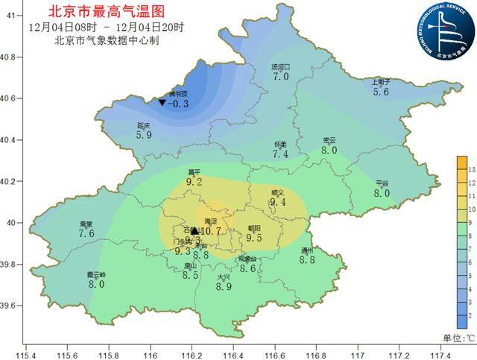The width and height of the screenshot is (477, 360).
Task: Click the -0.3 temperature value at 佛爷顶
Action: [x=180, y=104]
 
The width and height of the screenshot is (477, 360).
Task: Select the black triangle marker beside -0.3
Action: [x=162, y=102]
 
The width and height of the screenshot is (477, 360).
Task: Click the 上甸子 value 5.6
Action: [x=381, y=92]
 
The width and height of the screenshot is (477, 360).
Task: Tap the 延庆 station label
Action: [x=144, y=126]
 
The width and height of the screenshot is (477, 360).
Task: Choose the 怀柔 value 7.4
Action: [x=280, y=154]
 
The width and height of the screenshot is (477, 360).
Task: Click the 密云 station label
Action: [x=329, y=140]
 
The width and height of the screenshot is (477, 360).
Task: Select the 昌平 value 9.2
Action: [x=195, y=181]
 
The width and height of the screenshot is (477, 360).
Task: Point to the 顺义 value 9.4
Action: [x=278, y=202]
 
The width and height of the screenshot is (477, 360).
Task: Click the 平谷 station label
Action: [x=382, y=183]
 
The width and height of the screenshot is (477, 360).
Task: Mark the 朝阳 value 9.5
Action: [x=254, y=239]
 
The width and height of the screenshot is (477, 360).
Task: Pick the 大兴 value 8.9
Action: [x=224, y=287]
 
